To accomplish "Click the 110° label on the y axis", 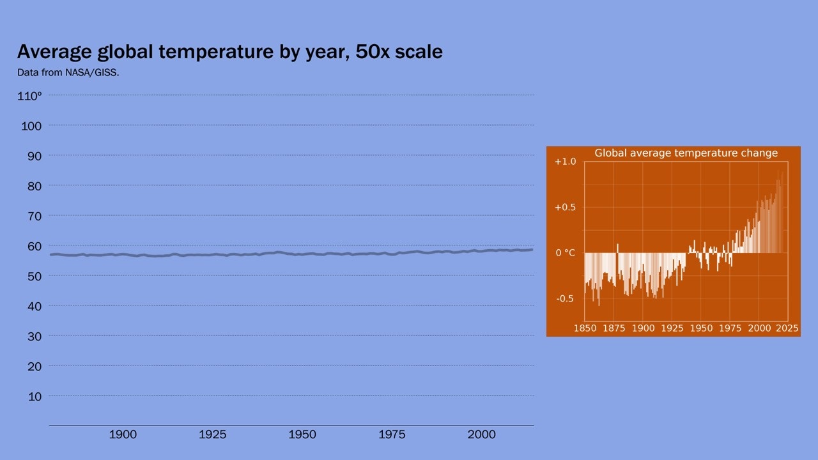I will [29, 96].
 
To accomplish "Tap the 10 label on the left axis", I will [35, 396].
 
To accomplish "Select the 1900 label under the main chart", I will [123, 434].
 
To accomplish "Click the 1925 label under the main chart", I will [212, 434].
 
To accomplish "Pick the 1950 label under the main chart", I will [302, 434].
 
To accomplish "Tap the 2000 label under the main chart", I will [481, 434].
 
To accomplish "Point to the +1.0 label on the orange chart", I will [565, 162].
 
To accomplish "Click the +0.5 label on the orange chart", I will [565, 208].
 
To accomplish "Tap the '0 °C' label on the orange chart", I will [565, 253].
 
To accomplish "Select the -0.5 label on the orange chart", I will [565, 299].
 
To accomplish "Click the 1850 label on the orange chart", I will [585, 328].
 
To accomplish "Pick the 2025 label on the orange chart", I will [787, 328].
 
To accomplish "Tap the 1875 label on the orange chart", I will [614, 328].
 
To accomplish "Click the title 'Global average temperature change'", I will [686, 153].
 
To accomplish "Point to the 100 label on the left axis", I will [31, 126].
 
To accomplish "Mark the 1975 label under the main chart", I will [392, 434].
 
